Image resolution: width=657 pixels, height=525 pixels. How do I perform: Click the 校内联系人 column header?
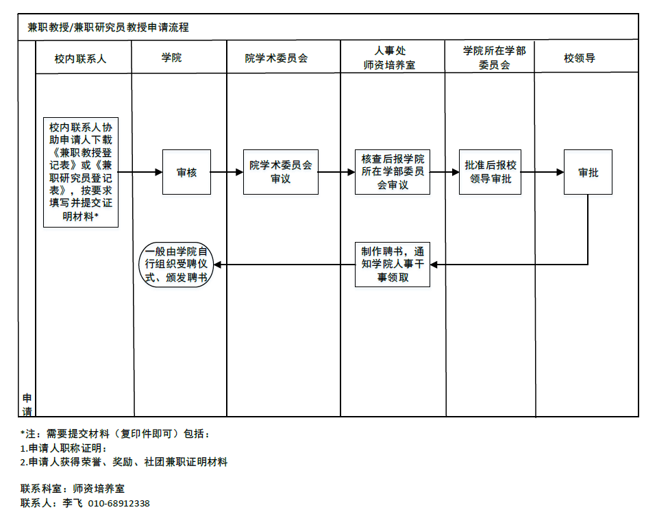click(x=80, y=59)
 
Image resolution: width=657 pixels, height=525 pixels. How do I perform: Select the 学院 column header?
click(x=172, y=58)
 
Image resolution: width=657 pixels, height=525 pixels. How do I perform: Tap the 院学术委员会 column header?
click(x=277, y=58)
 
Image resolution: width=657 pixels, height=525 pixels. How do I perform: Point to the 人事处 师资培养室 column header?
click(x=390, y=58)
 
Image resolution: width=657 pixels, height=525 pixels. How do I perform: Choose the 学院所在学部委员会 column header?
click(x=495, y=58)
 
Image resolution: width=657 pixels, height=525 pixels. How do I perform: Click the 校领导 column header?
click(x=580, y=58)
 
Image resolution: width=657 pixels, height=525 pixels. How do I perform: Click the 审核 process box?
click(x=186, y=172)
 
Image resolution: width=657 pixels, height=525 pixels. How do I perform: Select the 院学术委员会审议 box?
click(x=281, y=172)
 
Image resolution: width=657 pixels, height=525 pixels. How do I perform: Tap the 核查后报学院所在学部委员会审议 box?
click(x=393, y=172)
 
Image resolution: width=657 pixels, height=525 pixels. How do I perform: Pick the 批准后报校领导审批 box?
click(x=491, y=172)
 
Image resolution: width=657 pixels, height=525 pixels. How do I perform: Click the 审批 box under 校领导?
click(x=588, y=172)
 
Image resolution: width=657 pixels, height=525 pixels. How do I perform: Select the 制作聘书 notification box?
click(x=393, y=265)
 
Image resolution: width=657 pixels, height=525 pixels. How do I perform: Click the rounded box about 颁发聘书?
click(x=176, y=265)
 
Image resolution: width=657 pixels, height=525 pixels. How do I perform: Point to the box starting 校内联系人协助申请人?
click(x=81, y=172)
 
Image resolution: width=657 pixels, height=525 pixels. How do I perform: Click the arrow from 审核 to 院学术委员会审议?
click(x=227, y=172)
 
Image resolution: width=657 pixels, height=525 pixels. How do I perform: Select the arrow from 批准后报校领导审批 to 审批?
click(x=543, y=172)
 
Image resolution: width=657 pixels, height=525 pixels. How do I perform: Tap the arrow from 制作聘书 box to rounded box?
click(x=284, y=265)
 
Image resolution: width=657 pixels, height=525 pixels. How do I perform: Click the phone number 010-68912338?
click(x=119, y=503)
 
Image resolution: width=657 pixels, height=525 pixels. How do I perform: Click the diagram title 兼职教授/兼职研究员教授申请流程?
click(x=108, y=27)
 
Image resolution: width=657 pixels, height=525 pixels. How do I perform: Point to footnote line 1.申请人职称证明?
click(x=64, y=448)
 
